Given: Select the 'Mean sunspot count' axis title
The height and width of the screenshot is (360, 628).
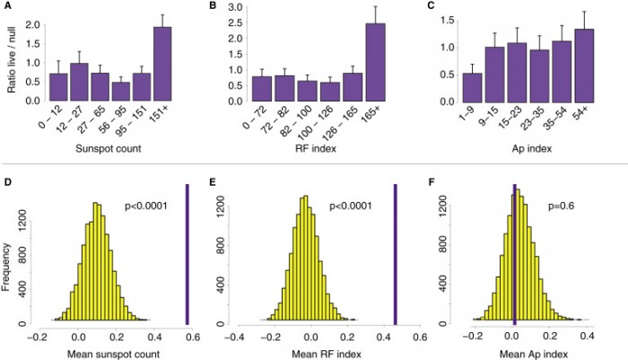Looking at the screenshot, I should coord(105,354).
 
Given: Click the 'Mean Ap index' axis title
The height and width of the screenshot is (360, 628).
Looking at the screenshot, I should coord(526,354).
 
